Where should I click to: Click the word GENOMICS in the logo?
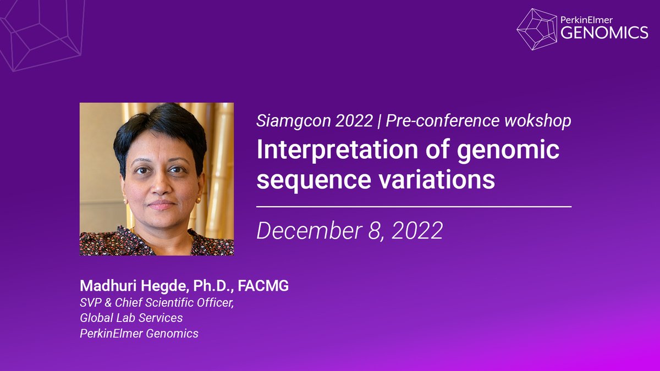coord(604,33)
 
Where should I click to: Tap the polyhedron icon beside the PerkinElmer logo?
coord(537,30)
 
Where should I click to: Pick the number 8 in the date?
coord(373,231)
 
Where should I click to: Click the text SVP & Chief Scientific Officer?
coord(156,303)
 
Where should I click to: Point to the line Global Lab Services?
coord(131,318)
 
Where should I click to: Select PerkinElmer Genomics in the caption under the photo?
coord(139,333)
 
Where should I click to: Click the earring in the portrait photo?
coord(198,200)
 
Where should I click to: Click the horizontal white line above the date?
coord(414,207)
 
